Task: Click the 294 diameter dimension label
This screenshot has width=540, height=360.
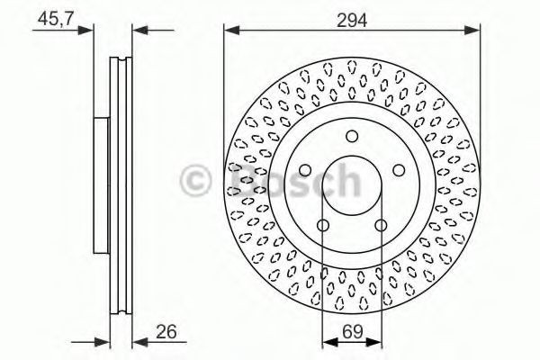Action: [352, 18]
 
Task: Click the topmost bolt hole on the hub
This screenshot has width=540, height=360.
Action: [352, 136]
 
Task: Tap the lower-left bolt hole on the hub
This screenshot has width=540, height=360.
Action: [322, 226]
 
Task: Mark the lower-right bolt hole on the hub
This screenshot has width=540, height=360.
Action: [381, 226]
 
